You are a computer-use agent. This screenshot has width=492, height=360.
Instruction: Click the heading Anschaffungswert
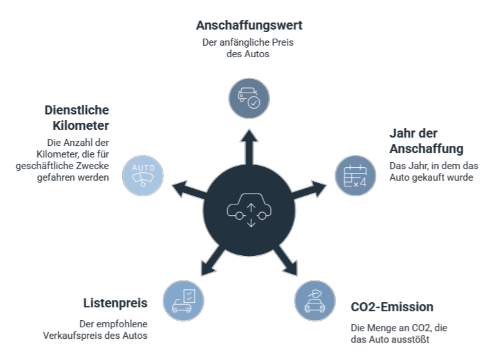pyautogui.click(x=249, y=26)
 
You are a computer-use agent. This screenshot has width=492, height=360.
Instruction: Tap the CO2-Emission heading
pyautogui.click(x=392, y=307)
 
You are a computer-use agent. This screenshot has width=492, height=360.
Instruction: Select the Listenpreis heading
pyautogui.click(x=115, y=303)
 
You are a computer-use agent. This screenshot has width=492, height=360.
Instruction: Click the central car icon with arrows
pyautogui.click(x=250, y=209)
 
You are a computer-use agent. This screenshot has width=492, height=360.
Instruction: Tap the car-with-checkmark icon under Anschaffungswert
pyautogui.click(x=249, y=98)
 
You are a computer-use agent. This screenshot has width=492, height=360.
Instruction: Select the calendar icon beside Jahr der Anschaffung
pyautogui.click(x=355, y=175)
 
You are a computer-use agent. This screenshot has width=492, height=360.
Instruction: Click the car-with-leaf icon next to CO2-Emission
pyautogui.click(x=314, y=300)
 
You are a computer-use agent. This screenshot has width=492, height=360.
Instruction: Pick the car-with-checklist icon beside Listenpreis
pyautogui.click(x=183, y=300)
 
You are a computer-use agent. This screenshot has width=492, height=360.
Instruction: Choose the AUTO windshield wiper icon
pyautogui.click(x=143, y=175)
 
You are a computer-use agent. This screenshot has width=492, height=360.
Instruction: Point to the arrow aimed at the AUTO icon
pyautogui.click(x=185, y=189)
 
